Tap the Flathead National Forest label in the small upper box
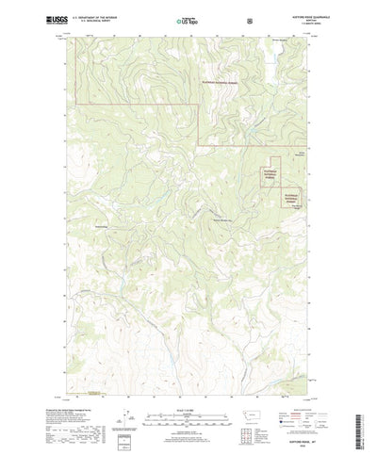click(270, 171)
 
